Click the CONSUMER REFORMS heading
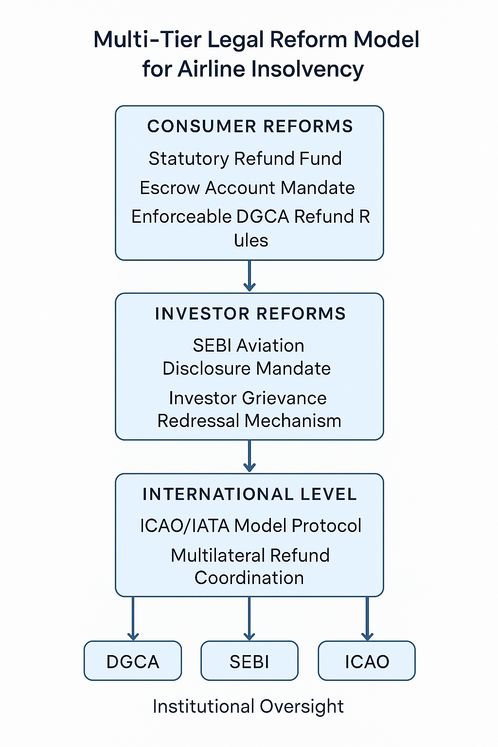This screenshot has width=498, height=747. [x=250, y=126]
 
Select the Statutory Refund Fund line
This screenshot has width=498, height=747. [x=245, y=159]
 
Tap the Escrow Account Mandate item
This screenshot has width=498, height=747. [x=247, y=187]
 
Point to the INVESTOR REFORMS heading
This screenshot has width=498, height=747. [x=250, y=314]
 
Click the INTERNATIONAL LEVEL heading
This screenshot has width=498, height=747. [x=250, y=494]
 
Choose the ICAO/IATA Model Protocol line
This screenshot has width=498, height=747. [x=250, y=526]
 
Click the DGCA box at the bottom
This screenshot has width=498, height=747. [x=133, y=660]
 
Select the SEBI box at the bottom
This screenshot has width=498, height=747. [x=249, y=660]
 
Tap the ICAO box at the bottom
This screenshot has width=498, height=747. [x=367, y=660]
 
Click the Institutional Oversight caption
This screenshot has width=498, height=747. [x=248, y=707]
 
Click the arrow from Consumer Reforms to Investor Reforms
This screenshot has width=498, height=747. [x=249, y=276]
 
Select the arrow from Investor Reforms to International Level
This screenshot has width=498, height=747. [x=249, y=456]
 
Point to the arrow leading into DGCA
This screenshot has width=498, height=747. [x=133, y=619]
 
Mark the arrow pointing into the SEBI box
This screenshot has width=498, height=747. [x=249, y=619]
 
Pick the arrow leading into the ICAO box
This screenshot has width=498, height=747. [x=367, y=619]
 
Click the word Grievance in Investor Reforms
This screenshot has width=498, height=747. [x=284, y=398]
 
